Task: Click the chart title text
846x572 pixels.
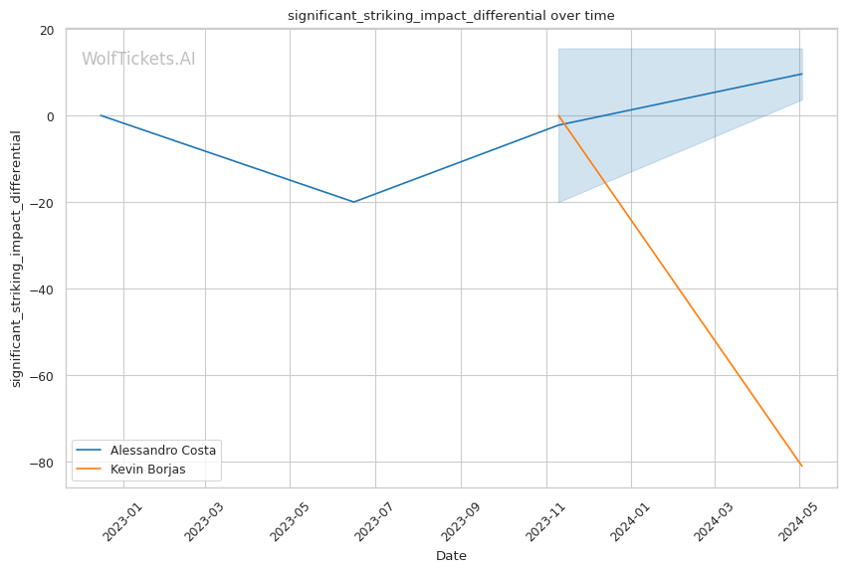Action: (x=451, y=15)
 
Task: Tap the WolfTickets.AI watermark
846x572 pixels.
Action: (x=138, y=59)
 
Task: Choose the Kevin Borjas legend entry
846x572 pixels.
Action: (x=147, y=469)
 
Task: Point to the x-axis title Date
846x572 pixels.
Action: (x=451, y=555)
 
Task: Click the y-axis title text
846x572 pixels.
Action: (x=16, y=259)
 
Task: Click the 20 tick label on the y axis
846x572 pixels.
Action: (x=47, y=30)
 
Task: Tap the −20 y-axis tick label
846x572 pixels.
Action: (x=43, y=203)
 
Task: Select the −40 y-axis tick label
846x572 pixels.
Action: (x=43, y=289)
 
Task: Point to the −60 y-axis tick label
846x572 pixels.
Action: (x=43, y=376)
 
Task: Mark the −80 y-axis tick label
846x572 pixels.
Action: (x=43, y=463)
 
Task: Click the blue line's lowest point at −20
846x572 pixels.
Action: (x=353, y=202)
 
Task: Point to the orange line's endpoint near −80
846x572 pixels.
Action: (x=801, y=466)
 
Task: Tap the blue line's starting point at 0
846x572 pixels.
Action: (x=101, y=115)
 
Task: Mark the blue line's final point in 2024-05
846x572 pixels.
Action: (x=801, y=74)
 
